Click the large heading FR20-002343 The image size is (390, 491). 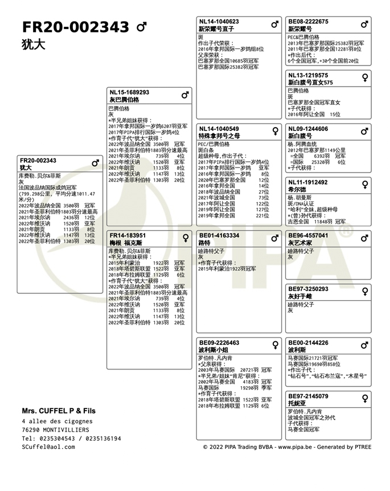[x=75, y=27]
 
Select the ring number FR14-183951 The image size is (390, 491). [x=128, y=235]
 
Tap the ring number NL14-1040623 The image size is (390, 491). [x=219, y=22]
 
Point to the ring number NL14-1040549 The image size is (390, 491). [x=219, y=129]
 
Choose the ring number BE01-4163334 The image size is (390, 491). [x=219, y=235]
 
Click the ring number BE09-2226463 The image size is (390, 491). [x=219, y=343]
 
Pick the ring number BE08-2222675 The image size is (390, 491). [x=308, y=22]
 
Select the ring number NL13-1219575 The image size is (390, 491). [x=308, y=75]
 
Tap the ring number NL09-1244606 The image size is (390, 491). [x=308, y=129]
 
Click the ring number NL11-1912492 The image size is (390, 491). [x=308, y=182]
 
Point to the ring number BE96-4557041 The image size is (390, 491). [x=308, y=235]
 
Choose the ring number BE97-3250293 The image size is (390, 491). [x=308, y=289]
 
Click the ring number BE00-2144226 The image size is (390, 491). [x=308, y=343]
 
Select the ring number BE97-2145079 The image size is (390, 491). [x=308, y=396]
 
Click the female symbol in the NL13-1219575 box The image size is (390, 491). [x=364, y=77]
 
